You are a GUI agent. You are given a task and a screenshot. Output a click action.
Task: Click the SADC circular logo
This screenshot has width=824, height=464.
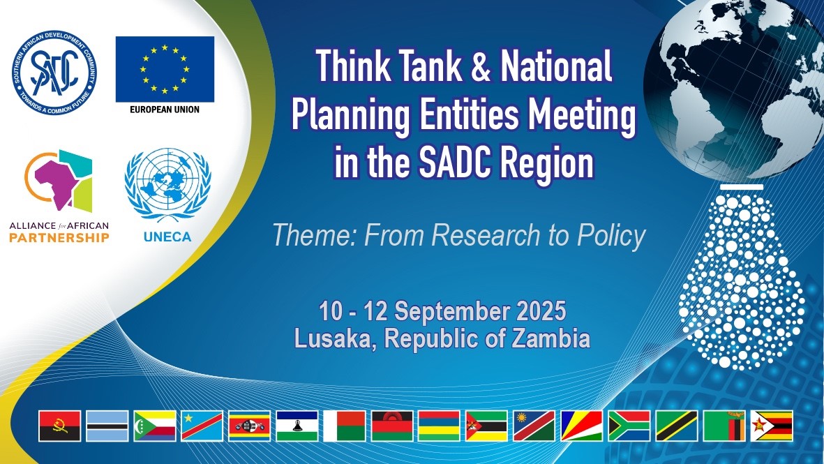tap(54, 73)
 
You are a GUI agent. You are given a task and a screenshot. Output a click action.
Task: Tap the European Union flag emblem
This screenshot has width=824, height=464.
tap(165, 69)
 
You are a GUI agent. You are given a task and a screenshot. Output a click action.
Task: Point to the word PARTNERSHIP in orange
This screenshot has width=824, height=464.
tap(59, 237)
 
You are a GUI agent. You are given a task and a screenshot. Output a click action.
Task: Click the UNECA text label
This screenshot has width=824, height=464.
tap(167, 237)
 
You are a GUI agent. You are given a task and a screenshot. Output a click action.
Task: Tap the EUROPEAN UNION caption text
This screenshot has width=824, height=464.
tap(165, 110)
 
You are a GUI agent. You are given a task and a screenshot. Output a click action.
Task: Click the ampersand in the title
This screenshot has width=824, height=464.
tap(480, 67)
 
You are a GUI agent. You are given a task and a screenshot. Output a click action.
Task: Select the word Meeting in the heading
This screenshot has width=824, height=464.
tap(582, 116)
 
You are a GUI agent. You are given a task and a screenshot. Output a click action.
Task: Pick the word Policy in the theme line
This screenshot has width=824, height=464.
tap(611, 235)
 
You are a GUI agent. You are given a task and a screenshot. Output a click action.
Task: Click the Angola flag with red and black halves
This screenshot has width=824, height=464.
tap(60, 426)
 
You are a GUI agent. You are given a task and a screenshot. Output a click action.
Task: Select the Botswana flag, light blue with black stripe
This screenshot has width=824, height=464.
tap(107, 426)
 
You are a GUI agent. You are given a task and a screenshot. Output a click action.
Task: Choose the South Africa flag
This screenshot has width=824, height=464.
tap(629, 426)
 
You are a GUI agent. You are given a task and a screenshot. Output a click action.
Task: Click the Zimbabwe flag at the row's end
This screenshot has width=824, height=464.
tap(772, 426)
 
